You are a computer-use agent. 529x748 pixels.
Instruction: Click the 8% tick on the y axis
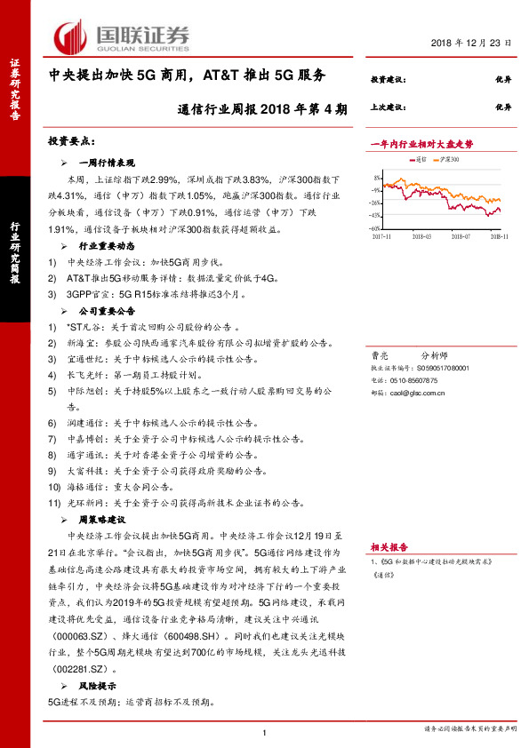(376, 177)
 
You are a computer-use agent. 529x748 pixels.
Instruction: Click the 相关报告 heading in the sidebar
(389, 547)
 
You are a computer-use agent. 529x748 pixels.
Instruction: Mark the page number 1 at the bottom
(265, 731)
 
